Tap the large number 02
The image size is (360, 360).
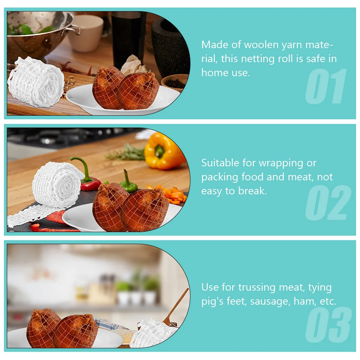[x=328, y=203]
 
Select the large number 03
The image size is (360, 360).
[x=328, y=325]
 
